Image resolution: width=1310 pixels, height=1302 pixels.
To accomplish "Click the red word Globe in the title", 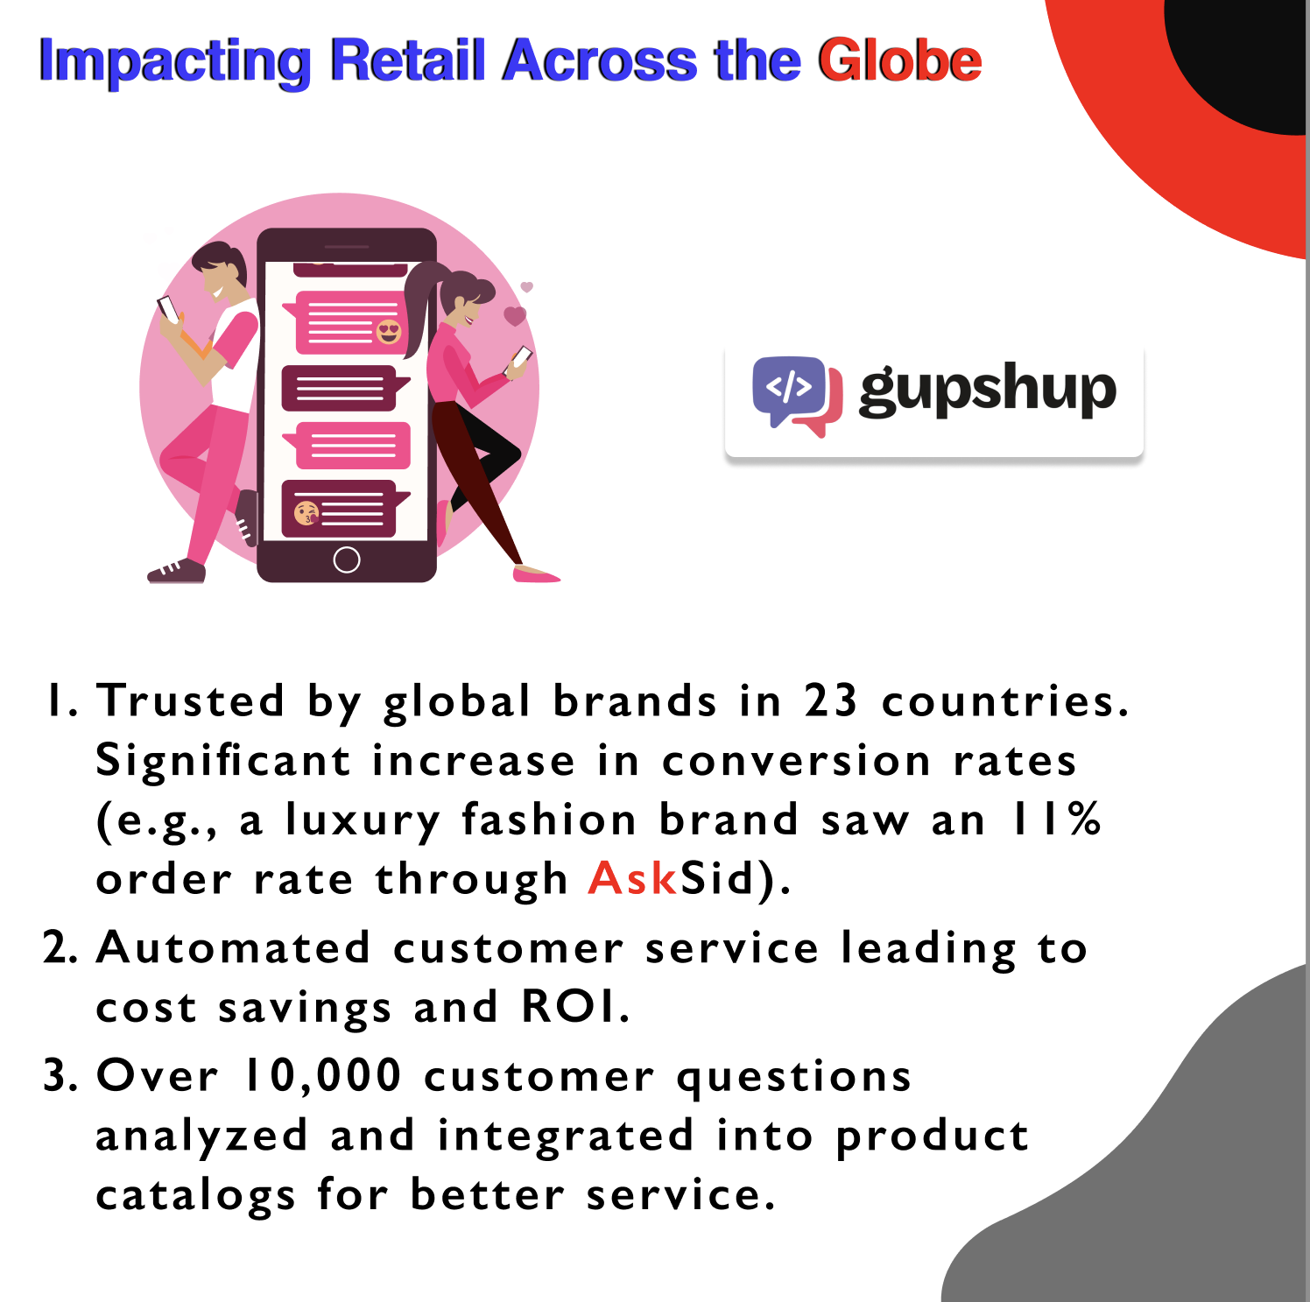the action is pos(899,60).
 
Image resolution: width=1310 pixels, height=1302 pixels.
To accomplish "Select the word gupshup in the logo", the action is pos(988,391).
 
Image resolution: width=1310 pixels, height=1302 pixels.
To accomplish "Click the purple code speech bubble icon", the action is pos(789,390).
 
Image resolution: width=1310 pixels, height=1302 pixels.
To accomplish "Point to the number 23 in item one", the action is pos(831,700).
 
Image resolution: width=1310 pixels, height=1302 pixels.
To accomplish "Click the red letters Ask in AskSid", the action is pos(632,877).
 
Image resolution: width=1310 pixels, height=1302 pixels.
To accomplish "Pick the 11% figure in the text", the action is pos(1057,819).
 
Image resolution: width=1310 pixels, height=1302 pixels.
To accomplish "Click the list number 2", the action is pos(60,947).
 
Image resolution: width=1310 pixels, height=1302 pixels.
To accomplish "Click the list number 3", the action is pos(60,1075).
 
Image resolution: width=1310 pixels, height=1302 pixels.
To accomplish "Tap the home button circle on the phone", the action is pos(347,560).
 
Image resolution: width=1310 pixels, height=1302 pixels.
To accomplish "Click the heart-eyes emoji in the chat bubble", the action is pos(389,332).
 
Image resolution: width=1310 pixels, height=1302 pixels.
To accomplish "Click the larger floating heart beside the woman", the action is pos(515,315).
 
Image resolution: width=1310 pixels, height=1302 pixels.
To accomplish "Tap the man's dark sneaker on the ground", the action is pos(177,572).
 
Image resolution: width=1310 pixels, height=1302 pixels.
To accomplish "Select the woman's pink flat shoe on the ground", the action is pos(535,574).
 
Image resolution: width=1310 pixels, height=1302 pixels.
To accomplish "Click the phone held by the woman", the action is pos(521,357).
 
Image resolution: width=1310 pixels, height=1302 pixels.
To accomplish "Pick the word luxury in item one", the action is pos(363,820).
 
